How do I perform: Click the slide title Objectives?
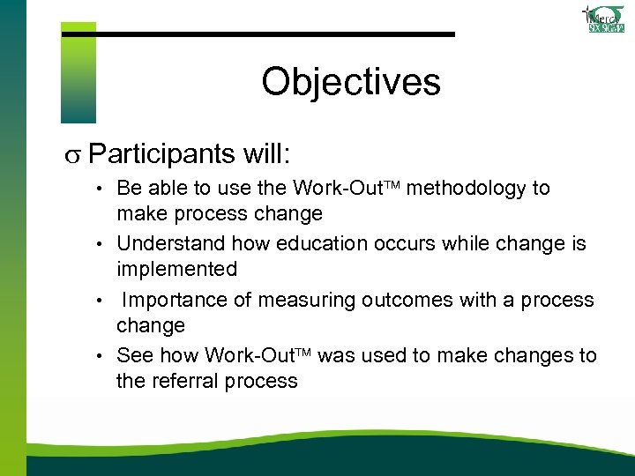350,82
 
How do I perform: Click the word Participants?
165,154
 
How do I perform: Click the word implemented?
176,269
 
